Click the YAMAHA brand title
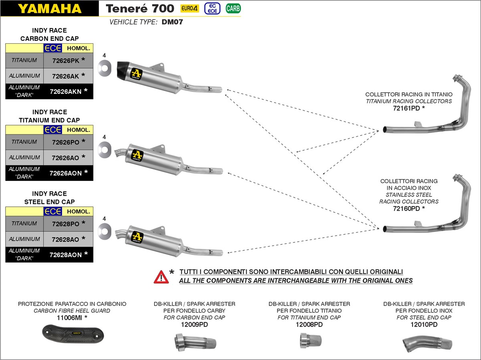(x=49, y=8)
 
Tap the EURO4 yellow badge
(x=190, y=8)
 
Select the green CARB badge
(x=233, y=8)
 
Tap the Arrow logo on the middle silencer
(x=137, y=155)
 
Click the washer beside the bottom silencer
(x=104, y=231)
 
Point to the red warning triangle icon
(x=161, y=277)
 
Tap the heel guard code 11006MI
(x=72, y=318)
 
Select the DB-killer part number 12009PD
(x=194, y=324)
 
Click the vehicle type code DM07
(x=172, y=22)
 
